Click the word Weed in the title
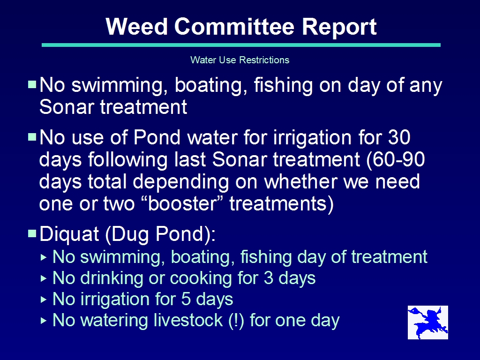(136, 27)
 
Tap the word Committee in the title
(234, 27)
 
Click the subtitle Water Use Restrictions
(240, 60)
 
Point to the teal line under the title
(241, 45)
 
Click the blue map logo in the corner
(427, 322)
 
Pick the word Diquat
(69, 234)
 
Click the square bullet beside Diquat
(32, 233)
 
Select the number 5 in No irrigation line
(186, 299)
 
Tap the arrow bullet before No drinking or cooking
(44, 278)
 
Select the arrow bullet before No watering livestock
(44, 321)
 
